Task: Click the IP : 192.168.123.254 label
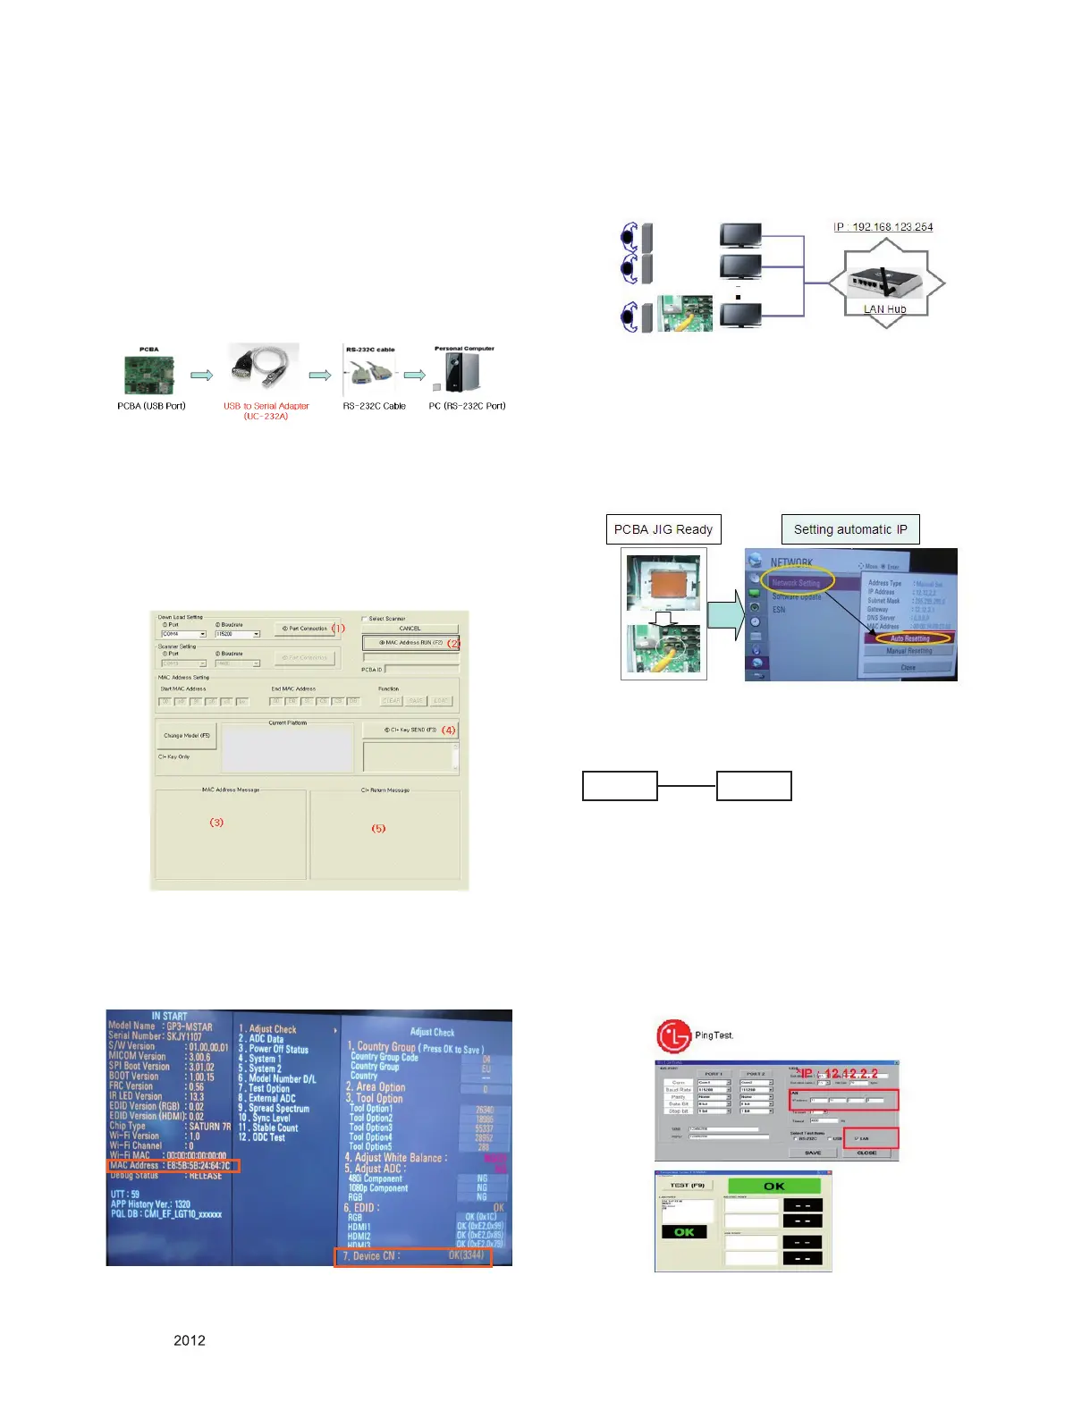tap(883, 227)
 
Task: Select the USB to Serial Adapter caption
tap(266, 410)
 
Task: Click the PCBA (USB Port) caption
tap(151, 406)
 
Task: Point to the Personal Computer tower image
tap(462, 372)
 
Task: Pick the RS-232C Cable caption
tap(375, 406)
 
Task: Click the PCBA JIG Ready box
tap(663, 529)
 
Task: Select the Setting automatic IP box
tap(850, 529)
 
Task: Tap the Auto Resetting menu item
tap(909, 638)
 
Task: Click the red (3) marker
tap(216, 823)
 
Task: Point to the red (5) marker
tap(379, 829)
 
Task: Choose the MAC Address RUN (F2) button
tap(410, 643)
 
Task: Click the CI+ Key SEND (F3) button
tap(410, 731)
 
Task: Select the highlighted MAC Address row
tap(173, 1166)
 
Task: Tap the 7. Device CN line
tap(413, 1256)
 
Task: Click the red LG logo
tap(674, 1036)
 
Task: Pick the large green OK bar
tap(774, 1187)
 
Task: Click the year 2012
tap(190, 1340)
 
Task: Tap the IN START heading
tap(169, 1016)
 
